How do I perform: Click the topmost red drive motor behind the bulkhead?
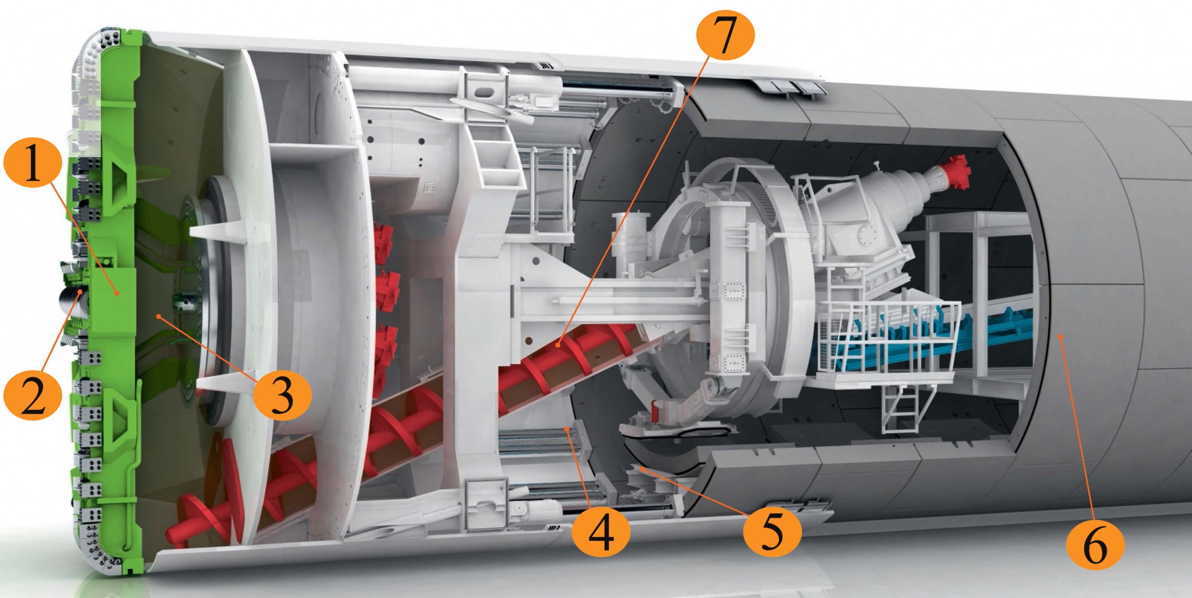point(383,239)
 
